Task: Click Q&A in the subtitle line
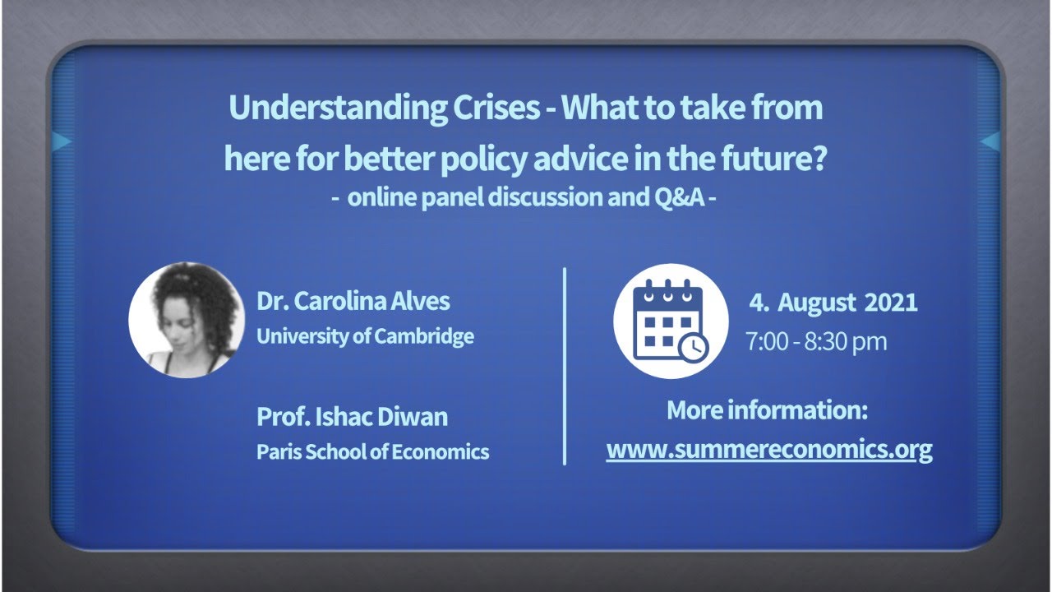pyautogui.click(x=679, y=197)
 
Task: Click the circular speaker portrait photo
pyautogui.click(x=187, y=320)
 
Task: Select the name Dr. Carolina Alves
pyautogui.click(x=353, y=301)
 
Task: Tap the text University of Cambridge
pyautogui.click(x=366, y=336)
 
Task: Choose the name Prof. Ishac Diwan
pyautogui.click(x=353, y=417)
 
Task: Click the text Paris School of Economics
pyautogui.click(x=373, y=452)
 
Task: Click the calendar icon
pyautogui.click(x=671, y=321)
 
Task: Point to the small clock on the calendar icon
pyautogui.click(x=693, y=347)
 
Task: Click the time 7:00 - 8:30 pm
pyautogui.click(x=816, y=341)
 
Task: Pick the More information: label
pyautogui.click(x=768, y=410)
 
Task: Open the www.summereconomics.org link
pyautogui.click(x=769, y=450)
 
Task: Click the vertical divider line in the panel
pyautogui.click(x=565, y=367)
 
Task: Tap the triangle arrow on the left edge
pyautogui.click(x=61, y=141)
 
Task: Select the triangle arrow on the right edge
pyautogui.click(x=990, y=141)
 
